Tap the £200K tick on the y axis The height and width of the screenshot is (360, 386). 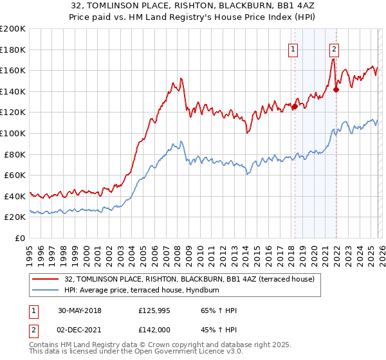[x=13, y=29]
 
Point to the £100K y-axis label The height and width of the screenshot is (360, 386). [x=13, y=133]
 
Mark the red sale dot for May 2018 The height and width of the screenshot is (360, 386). [x=295, y=107]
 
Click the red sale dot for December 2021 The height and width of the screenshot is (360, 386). [x=335, y=90]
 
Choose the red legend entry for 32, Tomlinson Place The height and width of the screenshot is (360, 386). [x=189, y=279]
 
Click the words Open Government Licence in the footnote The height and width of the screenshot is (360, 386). [x=177, y=354]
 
